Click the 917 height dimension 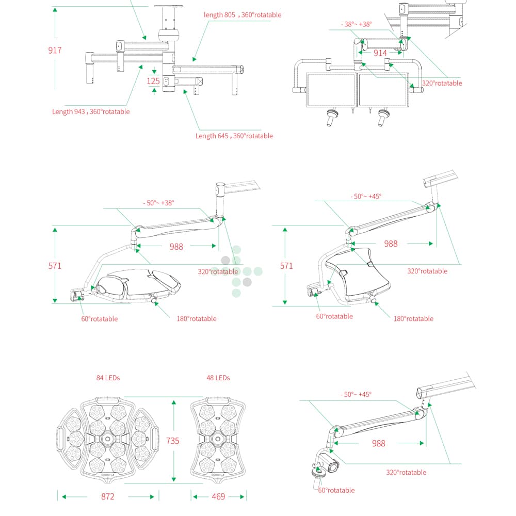tap(55, 51)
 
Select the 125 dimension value tap(153, 81)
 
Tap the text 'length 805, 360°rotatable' tap(243, 15)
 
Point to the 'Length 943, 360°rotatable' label tap(91, 111)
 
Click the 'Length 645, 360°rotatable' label tap(234, 136)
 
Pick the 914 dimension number tap(380, 53)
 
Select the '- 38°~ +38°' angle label tap(356, 24)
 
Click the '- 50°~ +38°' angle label tap(158, 203)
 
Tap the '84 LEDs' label tap(108, 378)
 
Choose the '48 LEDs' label tap(218, 378)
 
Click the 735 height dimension tap(173, 440)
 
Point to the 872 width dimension tap(107, 496)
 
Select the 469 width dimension tap(218, 496)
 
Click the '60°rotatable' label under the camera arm tap(336, 490)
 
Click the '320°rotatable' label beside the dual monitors tap(442, 83)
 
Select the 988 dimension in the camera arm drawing tap(379, 443)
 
